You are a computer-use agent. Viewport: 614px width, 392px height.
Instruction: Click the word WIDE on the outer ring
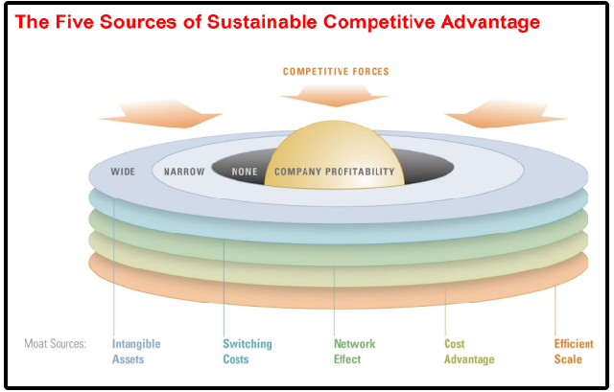(124, 173)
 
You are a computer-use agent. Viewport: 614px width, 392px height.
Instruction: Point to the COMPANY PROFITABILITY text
(334, 173)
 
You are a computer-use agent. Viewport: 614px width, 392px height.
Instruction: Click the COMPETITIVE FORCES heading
(336, 72)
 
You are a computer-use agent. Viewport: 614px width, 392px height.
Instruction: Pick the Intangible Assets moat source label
(135, 352)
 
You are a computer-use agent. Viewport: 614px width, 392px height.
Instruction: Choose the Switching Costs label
(247, 352)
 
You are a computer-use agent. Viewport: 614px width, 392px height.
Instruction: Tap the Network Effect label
(354, 352)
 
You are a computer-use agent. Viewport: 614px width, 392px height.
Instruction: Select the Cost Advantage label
(469, 352)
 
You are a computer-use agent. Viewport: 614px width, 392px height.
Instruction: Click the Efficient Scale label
(575, 352)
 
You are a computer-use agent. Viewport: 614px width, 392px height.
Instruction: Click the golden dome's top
(331, 129)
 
